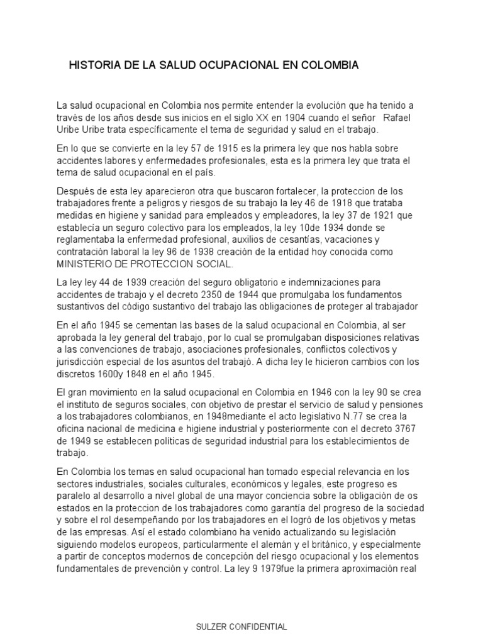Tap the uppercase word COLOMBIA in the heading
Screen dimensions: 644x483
point(328,65)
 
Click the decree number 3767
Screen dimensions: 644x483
point(410,427)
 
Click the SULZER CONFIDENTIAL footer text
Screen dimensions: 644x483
point(241,627)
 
